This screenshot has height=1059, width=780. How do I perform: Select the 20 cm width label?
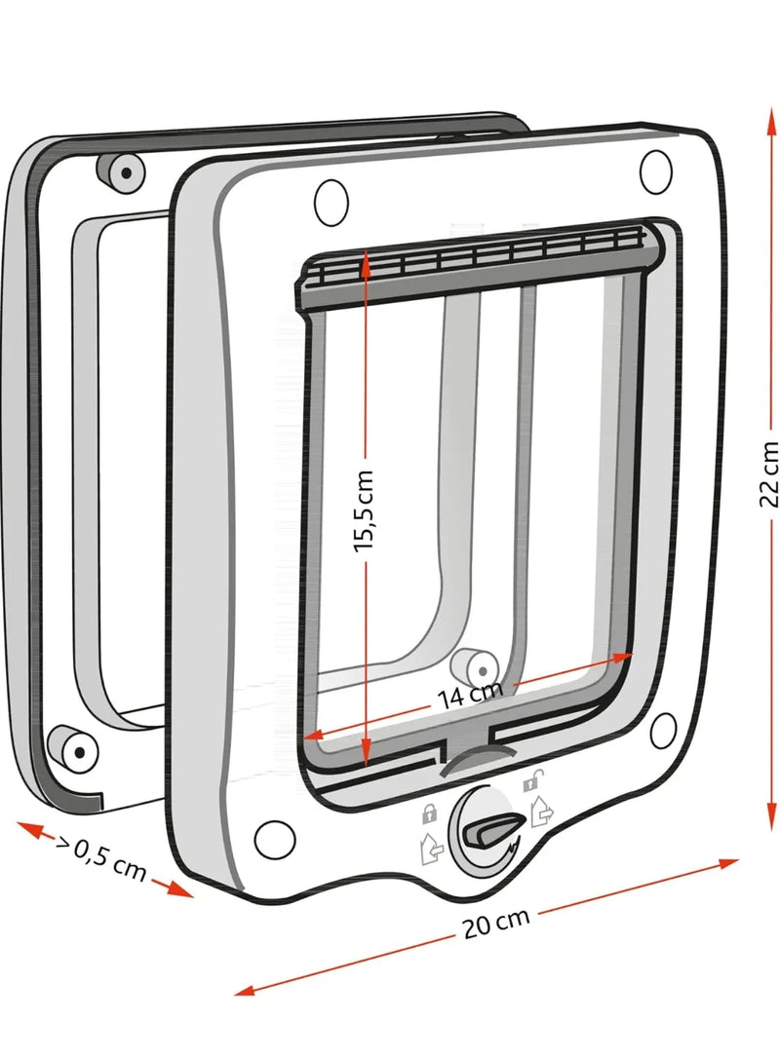tap(496, 923)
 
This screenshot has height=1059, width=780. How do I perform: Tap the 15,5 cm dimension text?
tap(363, 511)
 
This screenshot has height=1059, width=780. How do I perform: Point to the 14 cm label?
tap(470, 695)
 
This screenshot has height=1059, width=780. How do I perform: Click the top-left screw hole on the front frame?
tap(331, 203)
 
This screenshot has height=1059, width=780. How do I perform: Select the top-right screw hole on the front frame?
tap(655, 171)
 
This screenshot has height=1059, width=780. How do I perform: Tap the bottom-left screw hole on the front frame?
tap(275, 840)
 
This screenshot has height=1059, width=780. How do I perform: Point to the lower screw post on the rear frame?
tap(74, 749)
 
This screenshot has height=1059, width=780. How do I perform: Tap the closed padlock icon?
tap(429, 813)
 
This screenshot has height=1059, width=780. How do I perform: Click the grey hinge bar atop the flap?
tap(479, 265)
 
